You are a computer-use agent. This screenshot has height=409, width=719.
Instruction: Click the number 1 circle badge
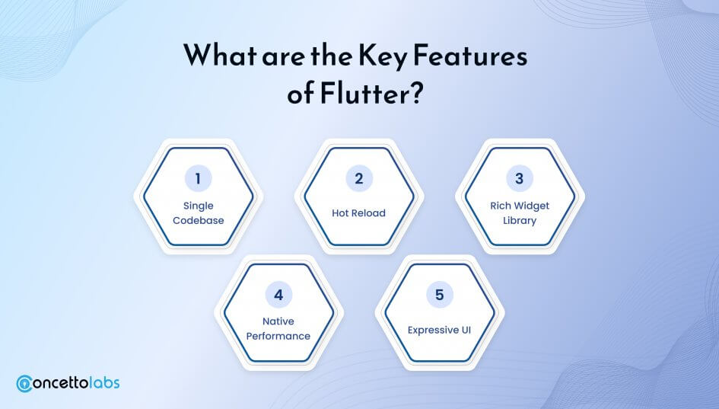(x=198, y=178)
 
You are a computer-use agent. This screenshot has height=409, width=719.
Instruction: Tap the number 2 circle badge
(x=359, y=178)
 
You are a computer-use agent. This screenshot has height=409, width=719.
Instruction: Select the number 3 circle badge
(x=520, y=178)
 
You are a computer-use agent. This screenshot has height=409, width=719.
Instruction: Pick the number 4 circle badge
(x=278, y=294)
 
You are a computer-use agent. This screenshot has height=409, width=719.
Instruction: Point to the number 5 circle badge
(x=439, y=294)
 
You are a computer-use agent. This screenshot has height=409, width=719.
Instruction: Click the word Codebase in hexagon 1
(x=198, y=220)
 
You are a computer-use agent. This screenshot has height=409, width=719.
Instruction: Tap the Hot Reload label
(x=358, y=213)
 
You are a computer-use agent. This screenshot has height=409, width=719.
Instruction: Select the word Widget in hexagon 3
(x=532, y=206)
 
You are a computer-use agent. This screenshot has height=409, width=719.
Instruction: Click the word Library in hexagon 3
(x=520, y=221)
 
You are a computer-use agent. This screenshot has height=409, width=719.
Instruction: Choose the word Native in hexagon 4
(x=278, y=321)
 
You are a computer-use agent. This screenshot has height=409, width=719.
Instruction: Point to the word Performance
(x=278, y=336)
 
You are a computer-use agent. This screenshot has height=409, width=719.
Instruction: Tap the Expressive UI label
(x=439, y=330)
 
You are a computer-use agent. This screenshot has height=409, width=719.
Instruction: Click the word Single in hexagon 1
(x=198, y=206)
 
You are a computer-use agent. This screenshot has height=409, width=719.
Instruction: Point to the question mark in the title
(x=415, y=93)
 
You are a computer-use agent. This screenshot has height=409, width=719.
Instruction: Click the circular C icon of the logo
(x=24, y=384)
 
